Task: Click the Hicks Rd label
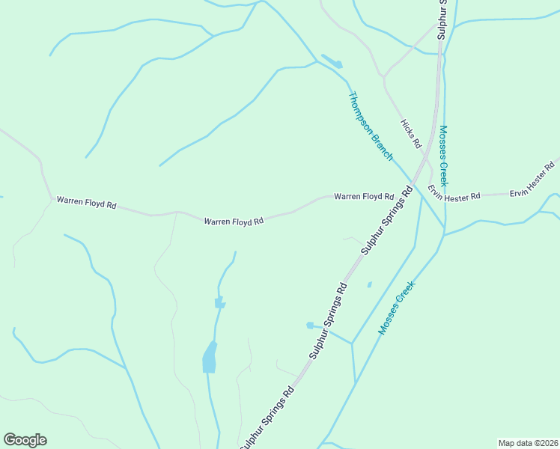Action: [411, 133]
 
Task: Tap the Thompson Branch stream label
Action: [371, 126]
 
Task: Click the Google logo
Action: [25, 440]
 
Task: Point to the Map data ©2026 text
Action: [528, 442]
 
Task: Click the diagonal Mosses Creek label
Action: [396, 308]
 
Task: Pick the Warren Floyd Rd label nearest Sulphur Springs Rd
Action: [364, 196]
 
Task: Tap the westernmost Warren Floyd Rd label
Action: [87, 203]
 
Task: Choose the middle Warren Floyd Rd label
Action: [234, 222]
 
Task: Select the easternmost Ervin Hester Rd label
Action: [534, 178]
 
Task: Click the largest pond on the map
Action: [210, 358]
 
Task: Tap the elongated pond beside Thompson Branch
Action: [331, 61]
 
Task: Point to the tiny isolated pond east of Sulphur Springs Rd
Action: [369, 284]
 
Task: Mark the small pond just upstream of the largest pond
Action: [219, 302]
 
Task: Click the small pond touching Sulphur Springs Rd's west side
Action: [309, 325]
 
